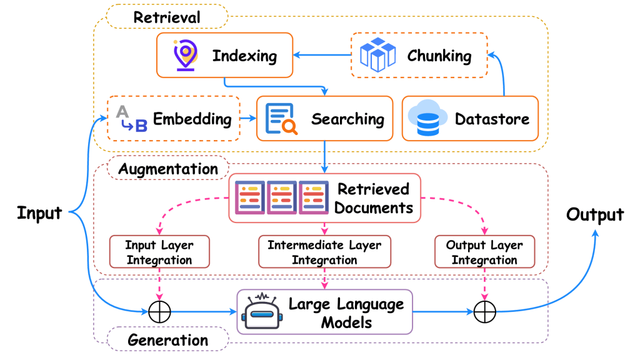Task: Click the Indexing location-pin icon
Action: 185,55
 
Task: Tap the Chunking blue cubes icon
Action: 378,55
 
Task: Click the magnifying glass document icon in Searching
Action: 282,119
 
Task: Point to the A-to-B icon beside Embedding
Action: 131,118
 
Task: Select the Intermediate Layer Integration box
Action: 324,252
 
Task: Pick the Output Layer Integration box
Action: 484,252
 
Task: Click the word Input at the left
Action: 39,212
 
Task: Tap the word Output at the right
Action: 594,215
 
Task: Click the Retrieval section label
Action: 167,16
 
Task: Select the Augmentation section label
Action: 168,169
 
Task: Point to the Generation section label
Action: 167,340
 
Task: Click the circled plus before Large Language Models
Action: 159,311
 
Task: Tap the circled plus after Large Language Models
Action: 484,311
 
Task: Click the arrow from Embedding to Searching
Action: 248,117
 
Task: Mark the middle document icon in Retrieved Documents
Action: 282,198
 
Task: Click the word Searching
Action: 347,118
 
